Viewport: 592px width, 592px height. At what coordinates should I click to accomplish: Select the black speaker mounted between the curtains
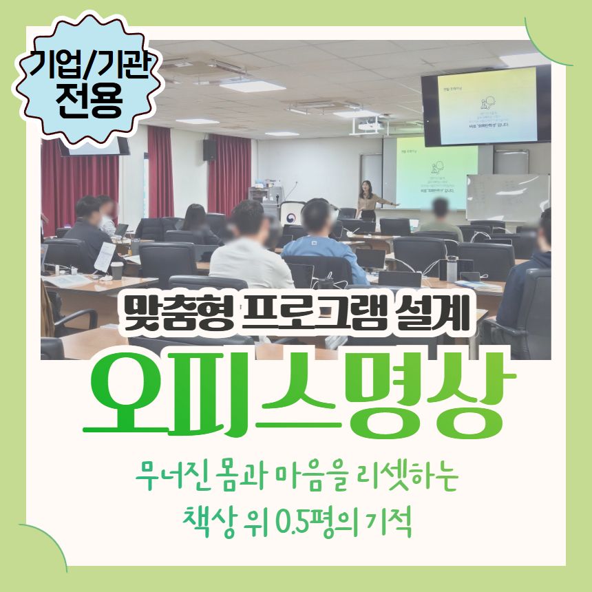click(x=210, y=150)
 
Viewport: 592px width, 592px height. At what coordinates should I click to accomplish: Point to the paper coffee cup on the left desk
click(x=117, y=270)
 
